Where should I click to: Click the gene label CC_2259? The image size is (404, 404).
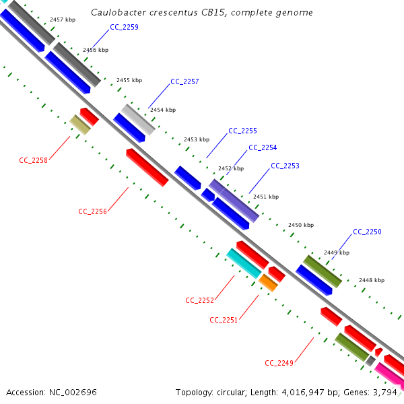[124, 27]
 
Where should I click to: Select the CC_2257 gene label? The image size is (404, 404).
[184, 81]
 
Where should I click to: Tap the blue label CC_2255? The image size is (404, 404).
[242, 131]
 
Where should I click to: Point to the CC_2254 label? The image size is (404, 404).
[263, 147]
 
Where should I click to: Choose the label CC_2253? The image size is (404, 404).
[285, 166]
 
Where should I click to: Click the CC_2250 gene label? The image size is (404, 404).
[367, 232]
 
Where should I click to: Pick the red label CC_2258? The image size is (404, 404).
[33, 160]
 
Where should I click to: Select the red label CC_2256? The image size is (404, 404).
[92, 211]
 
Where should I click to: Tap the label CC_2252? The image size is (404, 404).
[199, 300]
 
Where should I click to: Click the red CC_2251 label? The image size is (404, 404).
[224, 320]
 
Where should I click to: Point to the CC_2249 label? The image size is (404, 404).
[279, 363]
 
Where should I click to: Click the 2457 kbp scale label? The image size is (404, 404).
[63, 20]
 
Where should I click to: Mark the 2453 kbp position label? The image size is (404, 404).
[197, 139]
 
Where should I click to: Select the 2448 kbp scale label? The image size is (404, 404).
[372, 279]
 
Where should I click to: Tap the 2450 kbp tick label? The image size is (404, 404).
[301, 225]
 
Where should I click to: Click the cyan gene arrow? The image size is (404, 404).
[243, 263]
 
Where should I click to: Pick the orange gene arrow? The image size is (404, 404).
[269, 283]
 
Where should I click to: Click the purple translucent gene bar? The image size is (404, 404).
[234, 200]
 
